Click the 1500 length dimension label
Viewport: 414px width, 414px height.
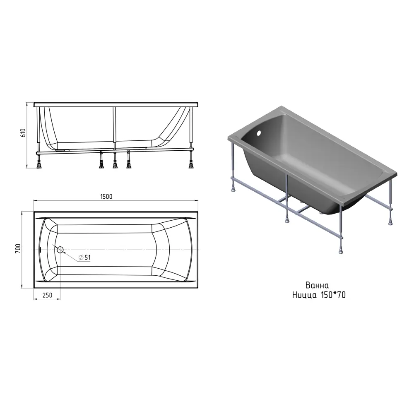[x=106, y=196]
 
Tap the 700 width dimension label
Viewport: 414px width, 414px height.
[x=18, y=249]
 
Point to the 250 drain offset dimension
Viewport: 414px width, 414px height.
[x=47, y=295]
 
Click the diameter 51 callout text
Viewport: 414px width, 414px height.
[x=84, y=258]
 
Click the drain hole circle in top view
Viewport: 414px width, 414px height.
[x=60, y=250]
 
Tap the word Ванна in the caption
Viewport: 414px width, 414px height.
[x=317, y=285]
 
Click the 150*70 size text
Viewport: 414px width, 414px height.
[x=333, y=295]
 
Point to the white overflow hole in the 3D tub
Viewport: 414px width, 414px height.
[x=260, y=132]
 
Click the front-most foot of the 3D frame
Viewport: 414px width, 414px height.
[x=341, y=250]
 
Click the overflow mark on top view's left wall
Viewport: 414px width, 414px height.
[x=40, y=249]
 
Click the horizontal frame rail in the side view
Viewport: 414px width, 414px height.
[x=115, y=152]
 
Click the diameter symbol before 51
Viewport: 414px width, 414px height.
[x=81, y=258]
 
